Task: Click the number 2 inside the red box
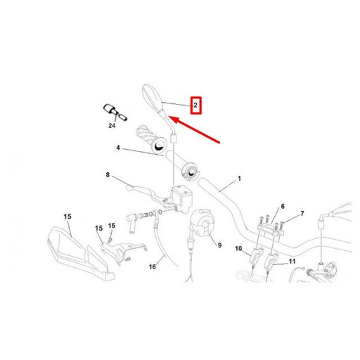tap(197, 106)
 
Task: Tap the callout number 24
tap(112, 126)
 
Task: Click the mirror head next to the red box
tap(151, 94)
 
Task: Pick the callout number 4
tap(119, 148)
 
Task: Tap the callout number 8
tap(108, 175)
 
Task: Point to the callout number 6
tap(283, 206)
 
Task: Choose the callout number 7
tap(302, 213)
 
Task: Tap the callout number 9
tap(219, 245)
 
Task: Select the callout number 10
tap(238, 249)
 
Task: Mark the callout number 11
tap(292, 262)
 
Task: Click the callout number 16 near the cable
tap(152, 267)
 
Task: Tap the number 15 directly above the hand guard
tap(67, 216)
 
